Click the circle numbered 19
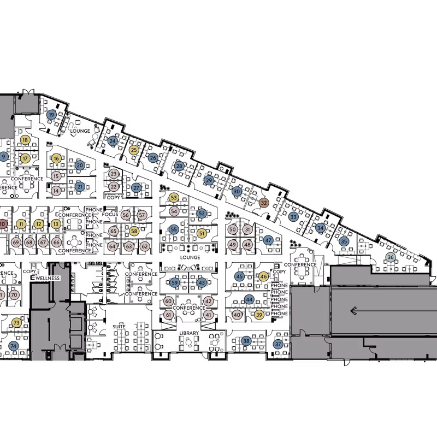51,115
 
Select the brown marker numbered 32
264,203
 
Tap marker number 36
390,257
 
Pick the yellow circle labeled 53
174,198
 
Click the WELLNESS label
48,279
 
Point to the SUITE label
119,327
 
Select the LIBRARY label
189,333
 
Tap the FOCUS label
110,215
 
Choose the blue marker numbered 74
14,346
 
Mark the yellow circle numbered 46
264,277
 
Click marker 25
134,150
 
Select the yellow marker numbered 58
134,231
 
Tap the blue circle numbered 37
278,344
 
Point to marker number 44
249,299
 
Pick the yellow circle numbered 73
16,323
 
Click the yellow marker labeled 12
38,224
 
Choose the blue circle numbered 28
179,166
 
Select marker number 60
168,302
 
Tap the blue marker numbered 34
321,228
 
